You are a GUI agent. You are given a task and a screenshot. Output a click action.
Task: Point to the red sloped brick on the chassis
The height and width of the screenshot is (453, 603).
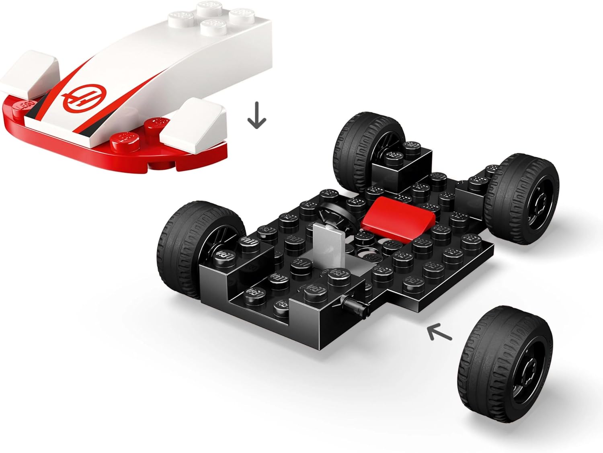pos(402,215)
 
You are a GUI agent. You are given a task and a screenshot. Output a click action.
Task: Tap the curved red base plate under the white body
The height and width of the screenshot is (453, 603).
pos(121,155)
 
